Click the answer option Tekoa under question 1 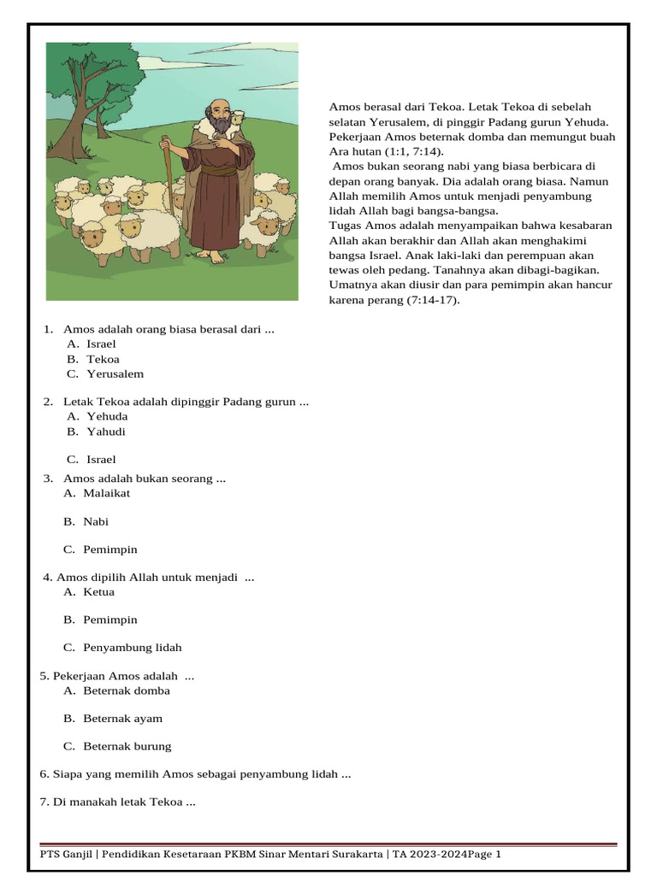tap(103, 359)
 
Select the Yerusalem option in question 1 tap(115, 373)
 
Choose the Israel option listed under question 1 tap(101, 344)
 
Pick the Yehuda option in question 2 tap(107, 416)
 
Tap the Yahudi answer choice tap(106, 432)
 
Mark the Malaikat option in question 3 tap(107, 493)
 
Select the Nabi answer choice tap(96, 521)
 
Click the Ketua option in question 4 tap(98, 591)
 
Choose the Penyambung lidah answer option tap(132, 648)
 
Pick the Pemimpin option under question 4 tap(109, 620)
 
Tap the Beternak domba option tap(126, 690)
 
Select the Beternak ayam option tap(122, 719)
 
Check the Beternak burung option tap(127, 746)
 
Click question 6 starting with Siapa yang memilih tap(195, 774)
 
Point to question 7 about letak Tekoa tap(118, 802)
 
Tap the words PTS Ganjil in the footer tap(68, 854)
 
